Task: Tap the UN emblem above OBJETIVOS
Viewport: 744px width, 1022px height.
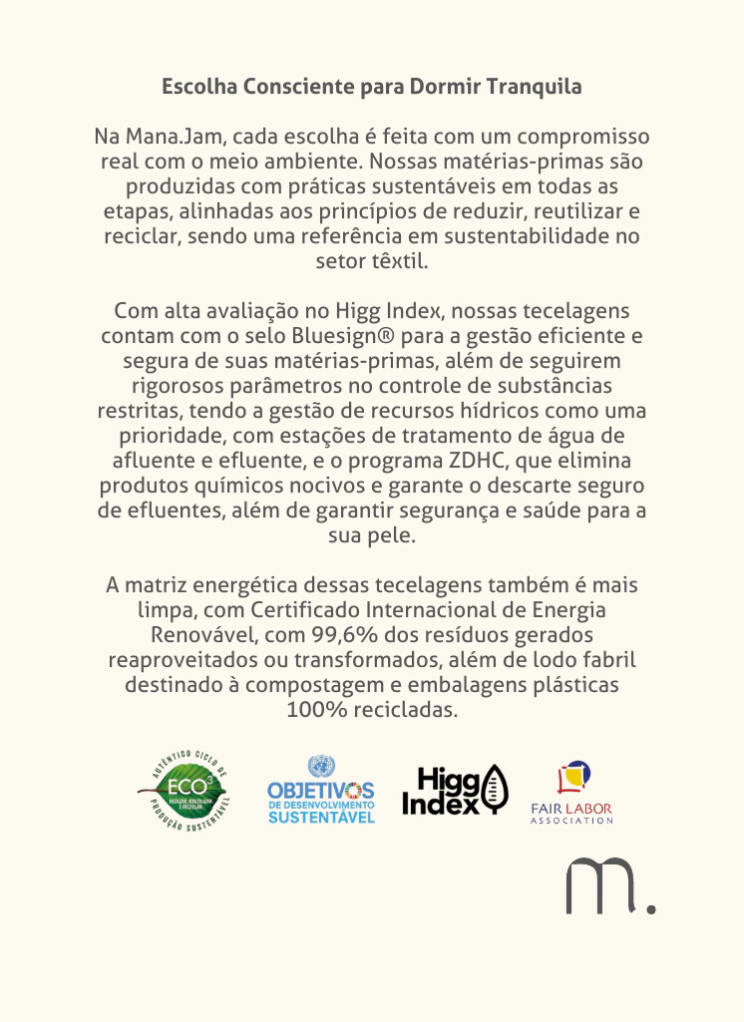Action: point(321,767)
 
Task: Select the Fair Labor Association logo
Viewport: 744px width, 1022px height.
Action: point(571,792)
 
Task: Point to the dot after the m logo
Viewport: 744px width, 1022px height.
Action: point(651,907)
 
